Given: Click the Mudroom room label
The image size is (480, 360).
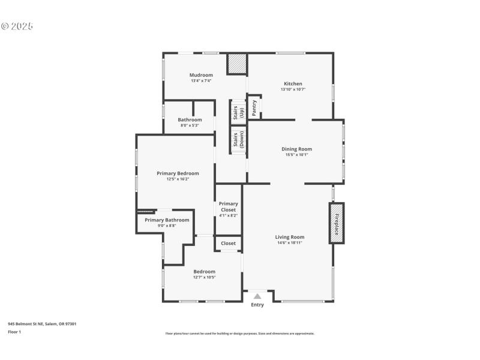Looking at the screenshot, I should (x=202, y=75).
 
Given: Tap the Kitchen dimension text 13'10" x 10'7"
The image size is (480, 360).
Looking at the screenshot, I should (x=293, y=89).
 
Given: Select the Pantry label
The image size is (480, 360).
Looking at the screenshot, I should (x=255, y=107).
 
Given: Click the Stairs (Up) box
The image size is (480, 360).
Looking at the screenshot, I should (x=238, y=112).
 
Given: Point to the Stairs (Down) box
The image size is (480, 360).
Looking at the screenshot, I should (x=238, y=139).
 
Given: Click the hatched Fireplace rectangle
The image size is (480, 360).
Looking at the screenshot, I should (x=337, y=223).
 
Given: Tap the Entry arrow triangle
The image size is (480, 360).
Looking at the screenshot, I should (x=257, y=296).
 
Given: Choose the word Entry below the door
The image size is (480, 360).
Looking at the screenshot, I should (x=257, y=305).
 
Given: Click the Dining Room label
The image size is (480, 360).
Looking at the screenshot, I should (x=296, y=149).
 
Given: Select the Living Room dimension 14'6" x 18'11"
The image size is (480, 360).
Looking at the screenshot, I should (x=289, y=242).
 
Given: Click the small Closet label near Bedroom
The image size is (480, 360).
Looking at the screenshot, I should (x=228, y=243).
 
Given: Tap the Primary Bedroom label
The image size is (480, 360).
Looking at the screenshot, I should (x=178, y=173).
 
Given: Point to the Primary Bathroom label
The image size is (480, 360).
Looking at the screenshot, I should (x=167, y=220).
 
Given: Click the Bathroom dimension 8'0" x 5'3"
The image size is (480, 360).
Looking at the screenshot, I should (x=190, y=125).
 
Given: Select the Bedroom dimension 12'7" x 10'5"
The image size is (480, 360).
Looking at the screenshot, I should (x=204, y=277).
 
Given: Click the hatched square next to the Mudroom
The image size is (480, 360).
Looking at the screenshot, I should (x=236, y=64).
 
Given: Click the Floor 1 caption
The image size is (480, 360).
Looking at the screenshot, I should (x=14, y=332).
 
